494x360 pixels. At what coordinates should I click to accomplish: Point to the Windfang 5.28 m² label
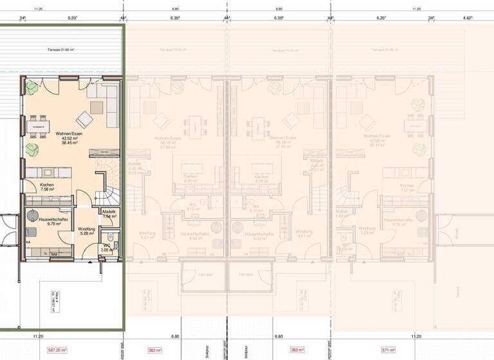pyautogui.click(x=87, y=231)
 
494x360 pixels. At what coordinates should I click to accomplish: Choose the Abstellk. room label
pyautogui.click(x=109, y=214)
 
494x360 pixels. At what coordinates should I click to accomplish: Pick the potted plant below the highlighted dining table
pyautogui.click(x=31, y=152)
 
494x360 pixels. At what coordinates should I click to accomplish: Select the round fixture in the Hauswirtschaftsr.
pyautogui.click(x=32, y=214)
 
